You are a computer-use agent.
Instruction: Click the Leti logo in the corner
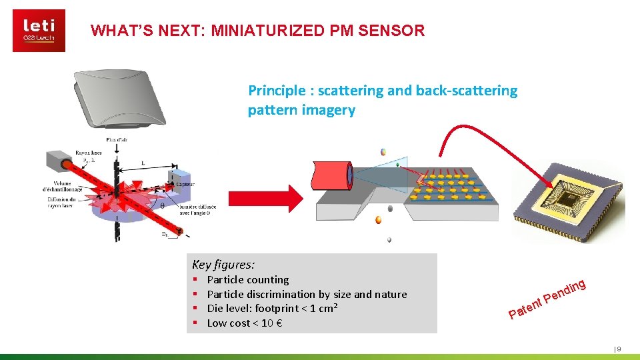point(39,31)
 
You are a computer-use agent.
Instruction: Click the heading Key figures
point(223,264)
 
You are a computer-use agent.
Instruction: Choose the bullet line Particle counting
point(248,280)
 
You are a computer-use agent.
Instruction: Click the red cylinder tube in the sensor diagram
point(331,180)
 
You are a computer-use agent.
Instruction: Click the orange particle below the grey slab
point(378,219)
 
